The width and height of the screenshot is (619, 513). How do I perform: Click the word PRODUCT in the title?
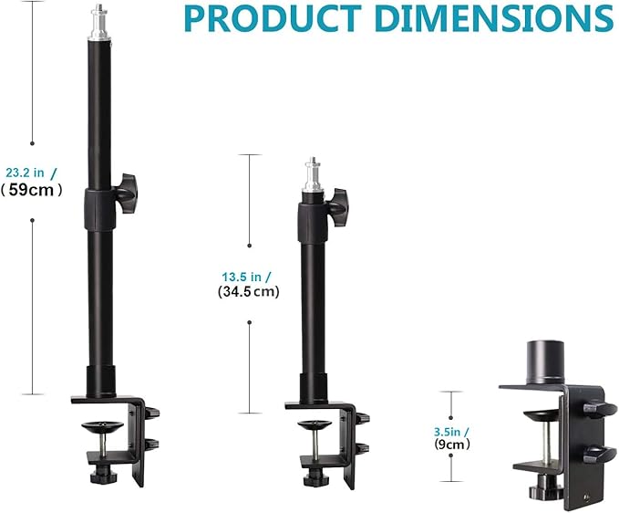(x=273, y=18)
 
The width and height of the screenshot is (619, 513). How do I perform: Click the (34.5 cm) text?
(x=249, y=292)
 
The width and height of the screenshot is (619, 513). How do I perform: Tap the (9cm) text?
(x=452, y=445)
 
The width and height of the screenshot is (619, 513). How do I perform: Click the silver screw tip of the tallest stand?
(x=99, y=21)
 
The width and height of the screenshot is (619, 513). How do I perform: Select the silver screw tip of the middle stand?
(x=314, y=175)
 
